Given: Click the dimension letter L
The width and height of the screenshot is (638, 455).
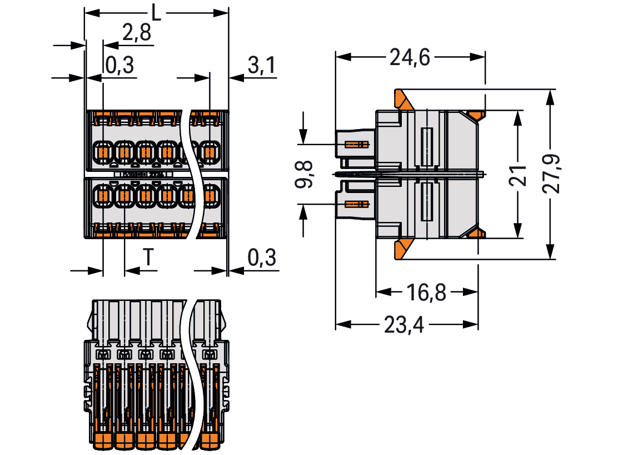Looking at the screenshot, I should [x=156, y=12].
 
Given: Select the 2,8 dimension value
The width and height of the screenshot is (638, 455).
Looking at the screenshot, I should [x=136, y=33].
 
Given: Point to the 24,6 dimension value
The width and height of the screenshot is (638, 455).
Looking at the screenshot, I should [x=410, y=57].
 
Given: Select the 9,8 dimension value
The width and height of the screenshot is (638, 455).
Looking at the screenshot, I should [x=305, y=174].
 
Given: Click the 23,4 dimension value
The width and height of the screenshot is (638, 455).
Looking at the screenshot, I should [x=405, y=325].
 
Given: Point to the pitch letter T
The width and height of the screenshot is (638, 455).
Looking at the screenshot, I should [x=148, y=258].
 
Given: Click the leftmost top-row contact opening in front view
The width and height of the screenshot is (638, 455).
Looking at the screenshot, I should [x=103, y=151].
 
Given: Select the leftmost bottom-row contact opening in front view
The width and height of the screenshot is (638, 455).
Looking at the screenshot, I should [x=103, y=196].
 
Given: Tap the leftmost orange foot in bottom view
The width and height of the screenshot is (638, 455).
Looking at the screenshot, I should [x=100, y=441].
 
